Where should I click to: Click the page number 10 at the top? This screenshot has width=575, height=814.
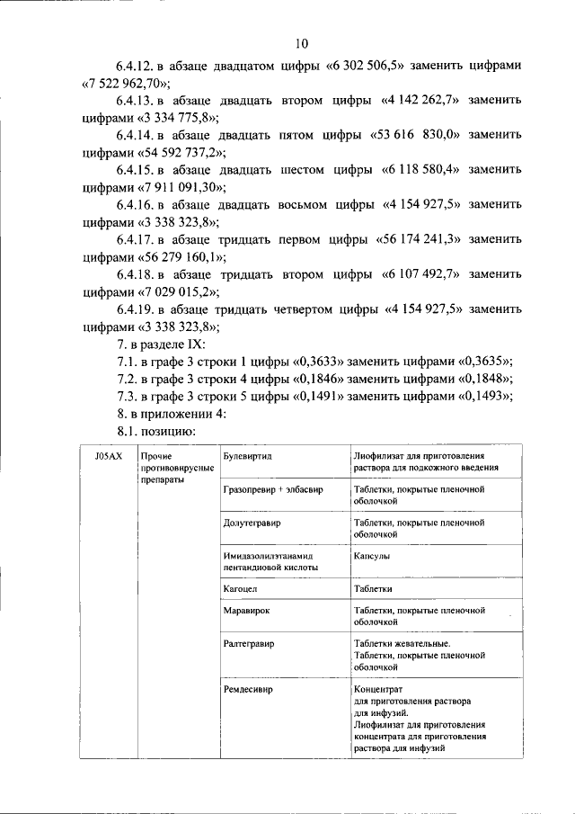(301, 43)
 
